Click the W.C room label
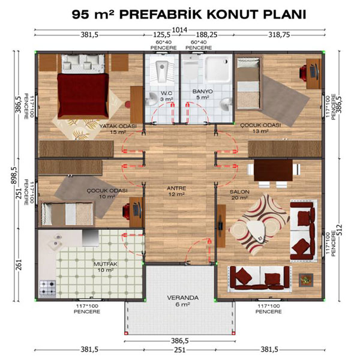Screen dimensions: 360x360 tap(166, 93)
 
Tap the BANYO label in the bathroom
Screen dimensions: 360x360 tap(203, 91)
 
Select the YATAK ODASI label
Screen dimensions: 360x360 tap(118, 126)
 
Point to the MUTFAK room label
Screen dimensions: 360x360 tap(106, 264)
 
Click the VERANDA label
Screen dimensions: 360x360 tap(183, 298)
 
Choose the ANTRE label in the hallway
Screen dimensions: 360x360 tap(176, 188)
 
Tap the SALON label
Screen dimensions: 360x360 tap(239, 192)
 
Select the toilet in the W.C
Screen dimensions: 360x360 tap(162, 70)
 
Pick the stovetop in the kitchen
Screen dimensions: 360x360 tap(48, 288)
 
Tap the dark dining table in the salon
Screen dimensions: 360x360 tap(273, 170)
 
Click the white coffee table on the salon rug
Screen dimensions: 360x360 tap(256, 231)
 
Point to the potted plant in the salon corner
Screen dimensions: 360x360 tap(306, 280)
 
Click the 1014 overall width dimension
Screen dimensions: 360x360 tap(180, 29)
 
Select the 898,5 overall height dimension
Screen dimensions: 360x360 tap(14, 175)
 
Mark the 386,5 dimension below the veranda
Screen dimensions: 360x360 tap(180, 341)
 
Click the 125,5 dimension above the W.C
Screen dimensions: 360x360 tap(162, 35)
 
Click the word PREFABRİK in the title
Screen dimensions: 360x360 tap(161, 14)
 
